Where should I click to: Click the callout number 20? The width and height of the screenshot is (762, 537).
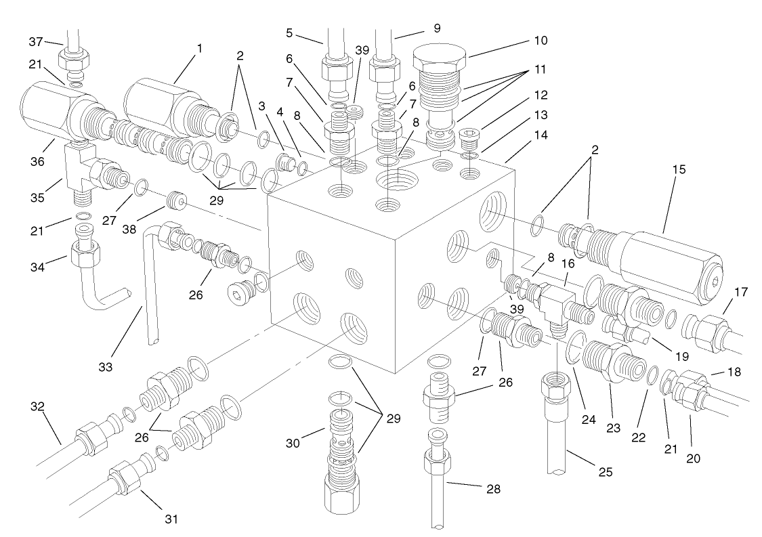pos(691,458)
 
